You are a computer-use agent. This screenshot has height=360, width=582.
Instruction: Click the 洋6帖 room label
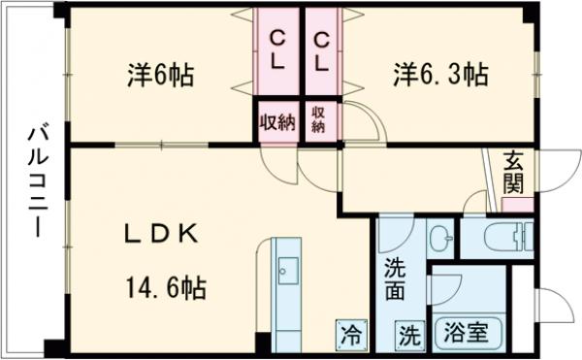[x=160, y=75]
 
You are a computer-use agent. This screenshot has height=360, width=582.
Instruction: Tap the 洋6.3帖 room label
[x=439, y=73]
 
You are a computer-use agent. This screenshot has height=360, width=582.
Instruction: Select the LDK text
[x=162, y=234]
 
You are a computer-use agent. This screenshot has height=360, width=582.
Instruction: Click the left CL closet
[x=277, y=49]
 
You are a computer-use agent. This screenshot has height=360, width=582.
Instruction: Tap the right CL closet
[x=325, y=49]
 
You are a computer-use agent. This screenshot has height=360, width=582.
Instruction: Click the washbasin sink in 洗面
[x=439, y=237]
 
